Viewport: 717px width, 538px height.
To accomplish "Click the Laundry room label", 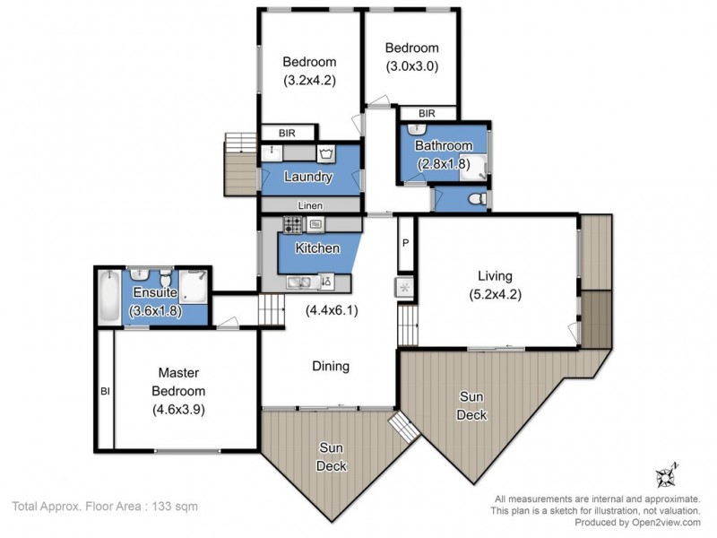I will coord(307,178).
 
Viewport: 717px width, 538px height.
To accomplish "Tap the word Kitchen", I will coord(317,247).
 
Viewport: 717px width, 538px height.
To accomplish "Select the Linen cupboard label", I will coord(310,206).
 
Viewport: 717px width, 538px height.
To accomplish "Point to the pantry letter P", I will coord(405,243).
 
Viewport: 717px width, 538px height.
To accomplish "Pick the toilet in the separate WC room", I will coord(477,197).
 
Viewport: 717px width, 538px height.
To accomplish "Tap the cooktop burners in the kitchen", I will coord(294,224).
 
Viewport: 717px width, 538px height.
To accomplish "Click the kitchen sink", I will coord(303,282).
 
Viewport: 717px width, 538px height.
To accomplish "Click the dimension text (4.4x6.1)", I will coord(332,311).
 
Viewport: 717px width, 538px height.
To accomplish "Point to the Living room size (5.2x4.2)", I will coord(495,293).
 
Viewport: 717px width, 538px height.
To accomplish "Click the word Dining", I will coord(330,366).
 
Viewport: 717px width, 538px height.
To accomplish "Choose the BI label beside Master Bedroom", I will coord(104,391).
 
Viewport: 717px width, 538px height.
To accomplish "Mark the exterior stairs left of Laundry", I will coord(240,166).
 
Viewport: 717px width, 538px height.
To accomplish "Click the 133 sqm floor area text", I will coord(105,507).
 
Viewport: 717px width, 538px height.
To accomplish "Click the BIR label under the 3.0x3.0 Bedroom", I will coord(427,114).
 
